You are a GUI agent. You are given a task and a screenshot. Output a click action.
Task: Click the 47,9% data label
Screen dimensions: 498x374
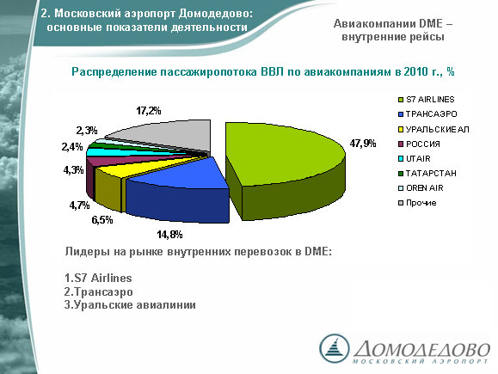(363, 144)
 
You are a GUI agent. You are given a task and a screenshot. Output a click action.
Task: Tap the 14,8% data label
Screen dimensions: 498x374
(169, 235)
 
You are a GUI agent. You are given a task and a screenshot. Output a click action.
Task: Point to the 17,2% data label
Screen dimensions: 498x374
(149, 111)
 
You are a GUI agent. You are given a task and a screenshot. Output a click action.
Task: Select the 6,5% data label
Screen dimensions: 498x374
(102, 220)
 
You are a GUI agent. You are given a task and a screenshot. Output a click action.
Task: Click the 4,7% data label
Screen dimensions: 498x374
(79, 205)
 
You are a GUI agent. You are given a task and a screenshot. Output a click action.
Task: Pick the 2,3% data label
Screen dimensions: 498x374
(87, 130)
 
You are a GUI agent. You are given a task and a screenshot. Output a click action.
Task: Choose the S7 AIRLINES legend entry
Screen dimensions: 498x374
(427, 100)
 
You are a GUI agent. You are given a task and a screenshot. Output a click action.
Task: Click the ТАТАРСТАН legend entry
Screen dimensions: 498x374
(427, 174)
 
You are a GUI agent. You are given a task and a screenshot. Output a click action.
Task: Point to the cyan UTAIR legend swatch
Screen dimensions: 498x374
(401, 159)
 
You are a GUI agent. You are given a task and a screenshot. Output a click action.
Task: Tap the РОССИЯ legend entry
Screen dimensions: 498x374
(419, 144)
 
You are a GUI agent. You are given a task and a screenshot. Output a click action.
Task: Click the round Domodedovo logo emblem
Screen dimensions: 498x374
(334, 348)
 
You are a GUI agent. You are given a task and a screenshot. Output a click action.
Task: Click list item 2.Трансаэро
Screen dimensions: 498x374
(98, 291)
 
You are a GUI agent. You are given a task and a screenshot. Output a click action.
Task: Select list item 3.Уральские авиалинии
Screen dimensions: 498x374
(130, 304)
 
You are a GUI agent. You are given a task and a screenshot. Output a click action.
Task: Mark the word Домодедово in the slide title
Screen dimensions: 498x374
(216, 14)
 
